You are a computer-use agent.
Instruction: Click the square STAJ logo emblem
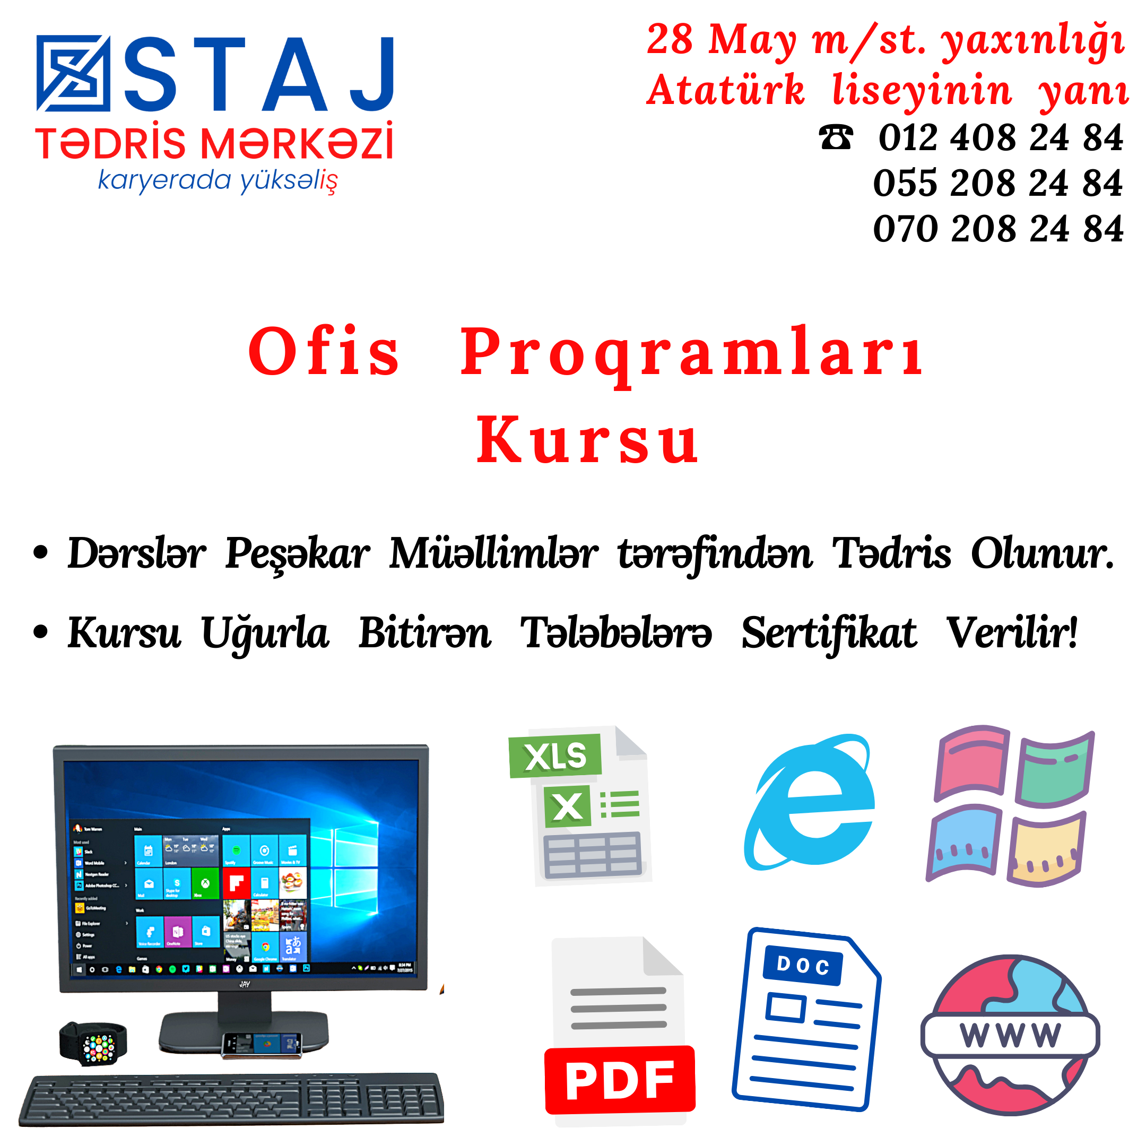click(73, 73)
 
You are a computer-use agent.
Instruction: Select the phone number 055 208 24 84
click(997, 183)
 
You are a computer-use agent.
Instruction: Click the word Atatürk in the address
click(725, 90)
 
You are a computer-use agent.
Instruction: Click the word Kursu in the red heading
click(587, 441)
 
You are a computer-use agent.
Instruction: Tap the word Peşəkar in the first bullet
click(297, 553)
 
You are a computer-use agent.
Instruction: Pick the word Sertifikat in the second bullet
click(829, 633)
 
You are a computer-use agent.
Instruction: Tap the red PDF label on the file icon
click(619, 1080)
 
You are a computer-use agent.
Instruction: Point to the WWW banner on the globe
click(1010, 1035)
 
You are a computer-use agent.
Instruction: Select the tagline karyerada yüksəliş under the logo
click(218, 181)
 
